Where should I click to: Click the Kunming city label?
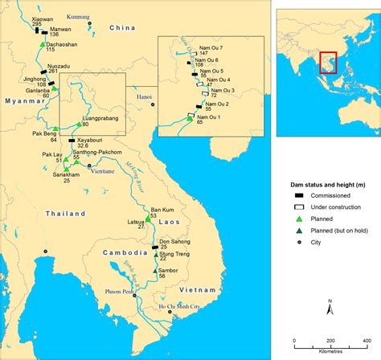coord(80,15)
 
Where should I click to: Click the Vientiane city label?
coord(103,171)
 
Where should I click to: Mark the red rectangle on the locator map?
coord(328,61)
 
